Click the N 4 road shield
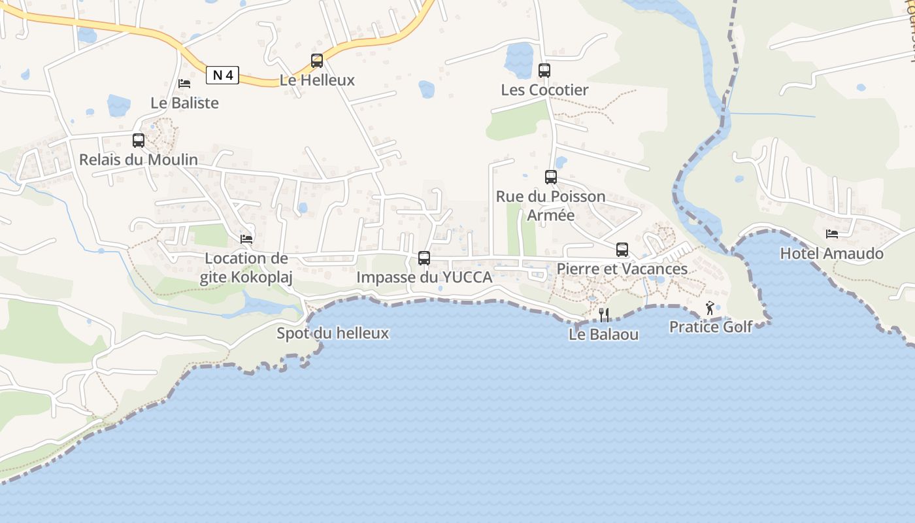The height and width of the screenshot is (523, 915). pos(222,75)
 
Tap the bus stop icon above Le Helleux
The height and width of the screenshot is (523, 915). pos(317,61)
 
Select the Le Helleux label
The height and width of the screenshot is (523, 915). pos(317,80)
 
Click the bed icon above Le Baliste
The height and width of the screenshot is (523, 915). pos(184,84)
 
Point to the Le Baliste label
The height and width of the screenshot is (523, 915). pos(184,103)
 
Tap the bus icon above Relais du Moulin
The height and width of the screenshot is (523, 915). pos(139,140)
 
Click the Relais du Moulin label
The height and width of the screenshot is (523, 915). pos(139,160)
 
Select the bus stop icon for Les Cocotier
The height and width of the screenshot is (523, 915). pos(544,71)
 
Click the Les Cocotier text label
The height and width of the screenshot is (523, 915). pos(544,90)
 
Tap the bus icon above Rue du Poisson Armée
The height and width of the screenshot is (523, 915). pos(551,177)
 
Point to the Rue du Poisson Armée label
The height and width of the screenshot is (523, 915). pos(551,205)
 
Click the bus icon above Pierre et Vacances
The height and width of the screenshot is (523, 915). pos(622,249)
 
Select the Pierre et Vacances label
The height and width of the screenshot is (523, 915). pos(622,269)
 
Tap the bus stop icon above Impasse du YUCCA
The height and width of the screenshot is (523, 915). pos(424,258)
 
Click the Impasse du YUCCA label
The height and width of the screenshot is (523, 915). pos(424,277)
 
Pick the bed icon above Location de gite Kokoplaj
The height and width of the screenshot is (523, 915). pos(246,239)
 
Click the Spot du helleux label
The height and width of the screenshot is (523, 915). pos(333,333)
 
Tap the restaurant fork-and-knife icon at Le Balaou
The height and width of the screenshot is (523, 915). pos(604,315)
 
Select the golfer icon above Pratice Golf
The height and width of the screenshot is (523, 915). pos(710,307)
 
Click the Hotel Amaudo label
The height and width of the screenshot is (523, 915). pos(831,254)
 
